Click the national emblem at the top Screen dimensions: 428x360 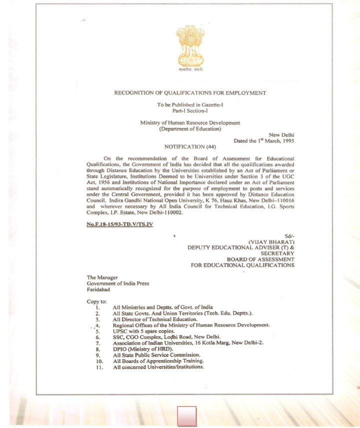pyautogui.click(x=190, y=47)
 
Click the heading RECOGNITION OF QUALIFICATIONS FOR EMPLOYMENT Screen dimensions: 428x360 pyautogui.click(x=190, y=93)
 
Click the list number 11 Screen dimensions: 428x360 pyautogui.click(x=99, y=367)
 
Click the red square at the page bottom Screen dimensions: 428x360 pyautogui.click(x=187, y=416)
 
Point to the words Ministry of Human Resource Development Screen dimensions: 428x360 pyautogui.click(x=190, y=123)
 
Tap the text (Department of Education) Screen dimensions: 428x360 pyautogui.click(x=190, y=129)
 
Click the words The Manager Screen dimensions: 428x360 pyautogui.click(x=102, y=277)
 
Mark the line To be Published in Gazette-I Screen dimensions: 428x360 pyautogui.click(x=190, y=104)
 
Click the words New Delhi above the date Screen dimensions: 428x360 pyautogui.click(x=281, y=135)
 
